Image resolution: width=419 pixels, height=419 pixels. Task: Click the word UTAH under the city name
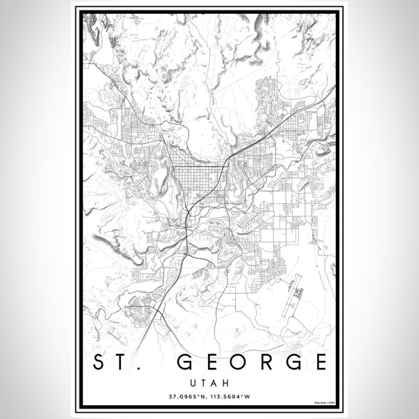[x=209, y=383]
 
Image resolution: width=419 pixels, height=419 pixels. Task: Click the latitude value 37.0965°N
[x=186, y=397]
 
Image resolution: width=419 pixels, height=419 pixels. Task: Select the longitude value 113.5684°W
[x=231, y=397]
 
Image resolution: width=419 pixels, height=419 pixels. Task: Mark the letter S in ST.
[x=99, y=362]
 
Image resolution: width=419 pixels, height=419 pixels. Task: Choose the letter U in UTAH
[x=192, y=383]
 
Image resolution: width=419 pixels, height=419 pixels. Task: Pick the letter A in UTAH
[x=214, y=383]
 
